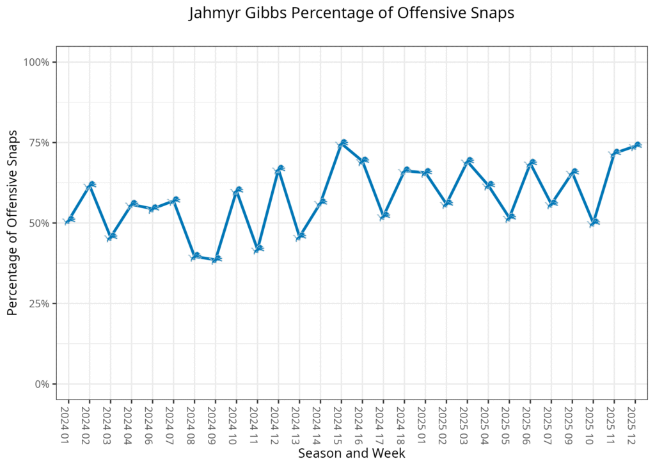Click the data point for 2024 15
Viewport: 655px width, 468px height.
342,143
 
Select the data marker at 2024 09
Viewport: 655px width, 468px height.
216,259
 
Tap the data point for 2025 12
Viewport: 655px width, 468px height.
636,145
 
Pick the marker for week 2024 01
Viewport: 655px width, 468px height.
69,220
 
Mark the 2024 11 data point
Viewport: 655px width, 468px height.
258,249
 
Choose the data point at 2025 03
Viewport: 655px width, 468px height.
468,161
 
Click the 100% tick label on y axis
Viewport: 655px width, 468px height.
37,62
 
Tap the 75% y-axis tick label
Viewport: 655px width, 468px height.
40,143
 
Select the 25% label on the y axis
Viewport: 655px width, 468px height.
40,303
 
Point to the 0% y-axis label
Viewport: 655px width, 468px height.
42,384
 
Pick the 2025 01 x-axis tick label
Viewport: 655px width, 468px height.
425,423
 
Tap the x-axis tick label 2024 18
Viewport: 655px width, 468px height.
404,423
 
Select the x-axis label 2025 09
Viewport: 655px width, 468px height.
572,423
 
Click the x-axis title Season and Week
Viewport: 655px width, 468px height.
352,453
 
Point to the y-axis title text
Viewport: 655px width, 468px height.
12,223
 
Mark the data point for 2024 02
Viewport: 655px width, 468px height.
90,185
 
